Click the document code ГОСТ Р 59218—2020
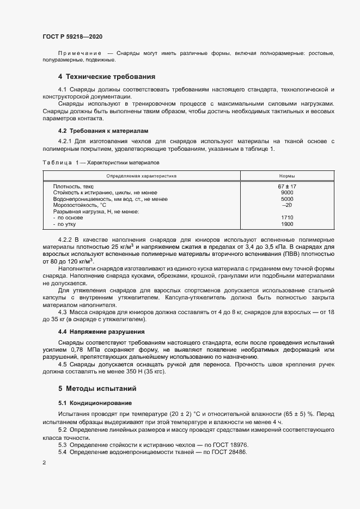(x=72, y=36)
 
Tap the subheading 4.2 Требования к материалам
(x=103, y=131)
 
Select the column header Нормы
(x=287, y=176)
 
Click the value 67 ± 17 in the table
(x=287, y=187)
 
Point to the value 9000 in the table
(x=287, y=193)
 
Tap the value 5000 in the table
(x=287, y=199)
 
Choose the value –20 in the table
(x=287, y=205)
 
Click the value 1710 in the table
(x=287, y=218)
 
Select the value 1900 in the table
(x=287, y=224)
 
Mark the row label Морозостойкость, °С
(x=79, y=205)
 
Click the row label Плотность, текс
(x=74, y=187)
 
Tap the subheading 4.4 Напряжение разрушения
(x=101, y=332)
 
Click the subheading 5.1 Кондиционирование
(x=95, y=403)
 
